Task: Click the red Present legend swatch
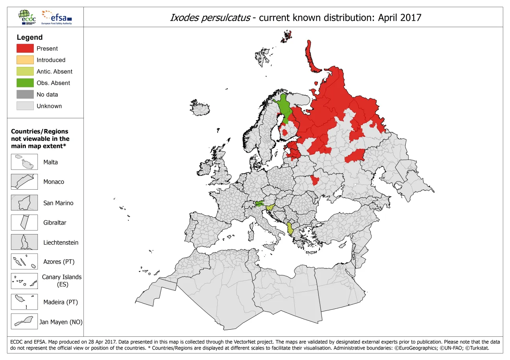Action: (25, 48)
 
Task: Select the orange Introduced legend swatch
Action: (25, 60)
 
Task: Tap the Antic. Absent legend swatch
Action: (25, 71)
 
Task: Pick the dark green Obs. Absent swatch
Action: (25, 83)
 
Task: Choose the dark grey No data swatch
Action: (25, 94)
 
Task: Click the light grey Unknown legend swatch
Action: (25, 106)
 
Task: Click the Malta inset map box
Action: (24, 162)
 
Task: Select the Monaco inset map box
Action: (24, 182)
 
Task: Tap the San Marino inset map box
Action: (24, 203)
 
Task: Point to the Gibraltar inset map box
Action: (24, 222)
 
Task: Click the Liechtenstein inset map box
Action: (24, 242)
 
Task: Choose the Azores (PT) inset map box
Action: (24, 262)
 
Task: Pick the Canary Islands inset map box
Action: (24, 281)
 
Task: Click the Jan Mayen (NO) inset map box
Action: (24, 322)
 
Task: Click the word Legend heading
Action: (30, 37)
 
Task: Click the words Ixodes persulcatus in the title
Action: (210, 18)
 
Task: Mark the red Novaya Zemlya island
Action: (312, 57)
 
